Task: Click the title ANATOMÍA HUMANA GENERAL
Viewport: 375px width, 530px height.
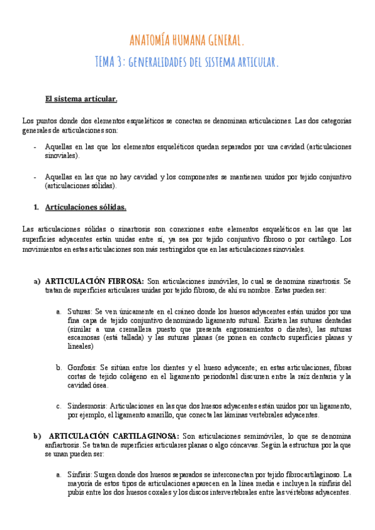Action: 187,41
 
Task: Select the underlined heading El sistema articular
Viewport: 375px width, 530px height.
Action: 81,99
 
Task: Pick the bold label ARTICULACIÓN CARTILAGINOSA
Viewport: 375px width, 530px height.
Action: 114,436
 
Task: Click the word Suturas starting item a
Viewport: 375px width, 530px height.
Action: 80,311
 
